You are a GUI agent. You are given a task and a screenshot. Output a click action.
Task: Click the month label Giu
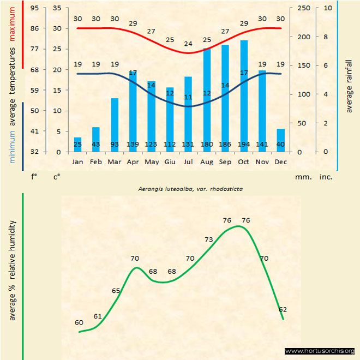[x=170, y=161]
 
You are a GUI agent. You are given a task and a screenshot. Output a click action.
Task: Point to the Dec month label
[x=281, y=161]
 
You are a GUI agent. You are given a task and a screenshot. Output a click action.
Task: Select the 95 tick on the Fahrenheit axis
[x=34, y=8]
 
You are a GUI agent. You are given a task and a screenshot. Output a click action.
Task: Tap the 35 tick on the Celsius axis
[x=57, y=8]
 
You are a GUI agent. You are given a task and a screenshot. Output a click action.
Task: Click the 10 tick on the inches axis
[x=327, y=8]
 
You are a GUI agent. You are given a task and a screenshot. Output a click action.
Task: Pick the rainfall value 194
[x=244, y=144]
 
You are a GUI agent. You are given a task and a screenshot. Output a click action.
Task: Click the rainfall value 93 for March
[x=115, y=144]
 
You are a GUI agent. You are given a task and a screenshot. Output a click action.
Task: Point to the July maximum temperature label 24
[x=188, y=44]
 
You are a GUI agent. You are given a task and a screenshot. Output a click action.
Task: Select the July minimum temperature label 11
[x=188, y=97]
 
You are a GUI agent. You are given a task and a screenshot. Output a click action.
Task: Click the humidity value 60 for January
[x=79, y=322]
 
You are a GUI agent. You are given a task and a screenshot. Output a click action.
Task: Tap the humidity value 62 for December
[x=282, y=309]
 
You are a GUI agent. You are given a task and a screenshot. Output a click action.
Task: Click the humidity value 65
[x=116, y=291]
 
